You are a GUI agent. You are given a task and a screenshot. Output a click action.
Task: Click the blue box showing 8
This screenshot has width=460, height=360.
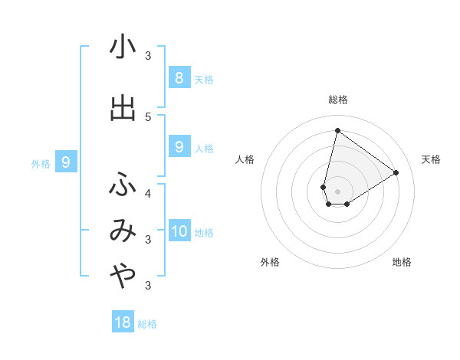tap(179, 77)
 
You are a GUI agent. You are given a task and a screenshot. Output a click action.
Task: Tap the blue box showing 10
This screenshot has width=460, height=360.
tap(179, 231)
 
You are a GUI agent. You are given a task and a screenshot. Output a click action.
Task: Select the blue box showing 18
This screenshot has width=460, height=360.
tap(123, 322)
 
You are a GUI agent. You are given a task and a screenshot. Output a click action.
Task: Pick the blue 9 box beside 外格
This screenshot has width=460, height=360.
tap(66, 162)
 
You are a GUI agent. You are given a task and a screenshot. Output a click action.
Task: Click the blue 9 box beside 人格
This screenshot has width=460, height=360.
tap(179, 147)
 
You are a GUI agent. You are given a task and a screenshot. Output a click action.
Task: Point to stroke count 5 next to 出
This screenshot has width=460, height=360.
tap(148, 116)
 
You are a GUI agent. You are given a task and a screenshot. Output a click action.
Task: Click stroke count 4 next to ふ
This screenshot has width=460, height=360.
tap(148, 192)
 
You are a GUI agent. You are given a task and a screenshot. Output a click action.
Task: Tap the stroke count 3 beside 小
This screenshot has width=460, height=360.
tap(148, 55)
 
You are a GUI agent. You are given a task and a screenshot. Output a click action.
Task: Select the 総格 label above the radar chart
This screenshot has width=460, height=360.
tap(337, 100)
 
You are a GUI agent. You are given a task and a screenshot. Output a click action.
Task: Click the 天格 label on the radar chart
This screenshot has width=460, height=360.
tap(431, 159)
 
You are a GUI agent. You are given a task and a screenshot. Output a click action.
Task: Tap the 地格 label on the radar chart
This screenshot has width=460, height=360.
tap(402, 262)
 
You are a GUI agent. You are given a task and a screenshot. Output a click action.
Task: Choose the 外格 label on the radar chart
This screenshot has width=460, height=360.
tap(270, 262)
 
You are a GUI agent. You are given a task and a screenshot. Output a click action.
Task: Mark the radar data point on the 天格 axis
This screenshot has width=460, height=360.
tap(396, 172)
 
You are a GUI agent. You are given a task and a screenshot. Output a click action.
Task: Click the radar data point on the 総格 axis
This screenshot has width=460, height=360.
tap(337, 131)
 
